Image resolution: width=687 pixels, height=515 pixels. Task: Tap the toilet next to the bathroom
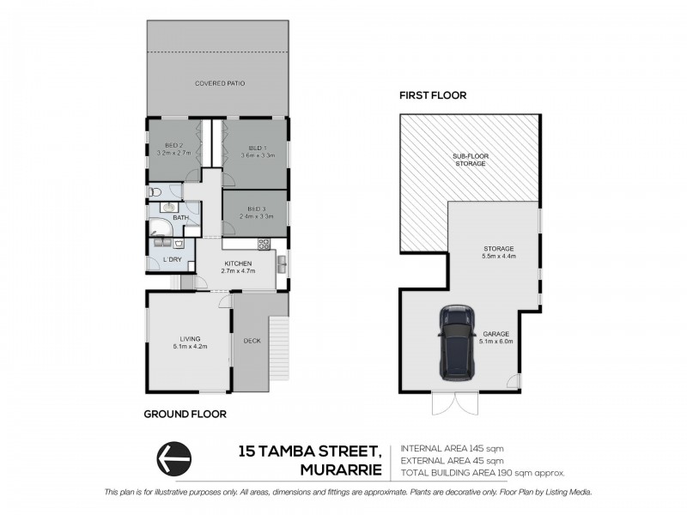(x=154, y=192)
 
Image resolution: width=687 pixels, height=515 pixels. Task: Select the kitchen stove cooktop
(x=264, y=245)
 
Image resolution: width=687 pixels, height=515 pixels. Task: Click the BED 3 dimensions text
(x=257, y=218)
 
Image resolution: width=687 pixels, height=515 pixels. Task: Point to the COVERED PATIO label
(x=217, y=83)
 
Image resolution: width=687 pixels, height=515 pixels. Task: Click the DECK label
(x=252, y=340)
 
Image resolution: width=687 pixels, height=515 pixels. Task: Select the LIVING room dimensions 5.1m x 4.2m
(x=189, y=346)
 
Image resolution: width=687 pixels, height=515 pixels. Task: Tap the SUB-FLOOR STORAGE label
(x=470, y=159)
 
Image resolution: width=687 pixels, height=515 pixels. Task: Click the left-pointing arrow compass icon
(x=173, y=457)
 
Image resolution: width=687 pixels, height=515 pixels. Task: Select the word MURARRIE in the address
(x=340, y=469)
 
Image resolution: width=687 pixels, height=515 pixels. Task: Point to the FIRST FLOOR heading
(x=433, y=96)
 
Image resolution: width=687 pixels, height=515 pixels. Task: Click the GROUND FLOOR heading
(x=185, y=414)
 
